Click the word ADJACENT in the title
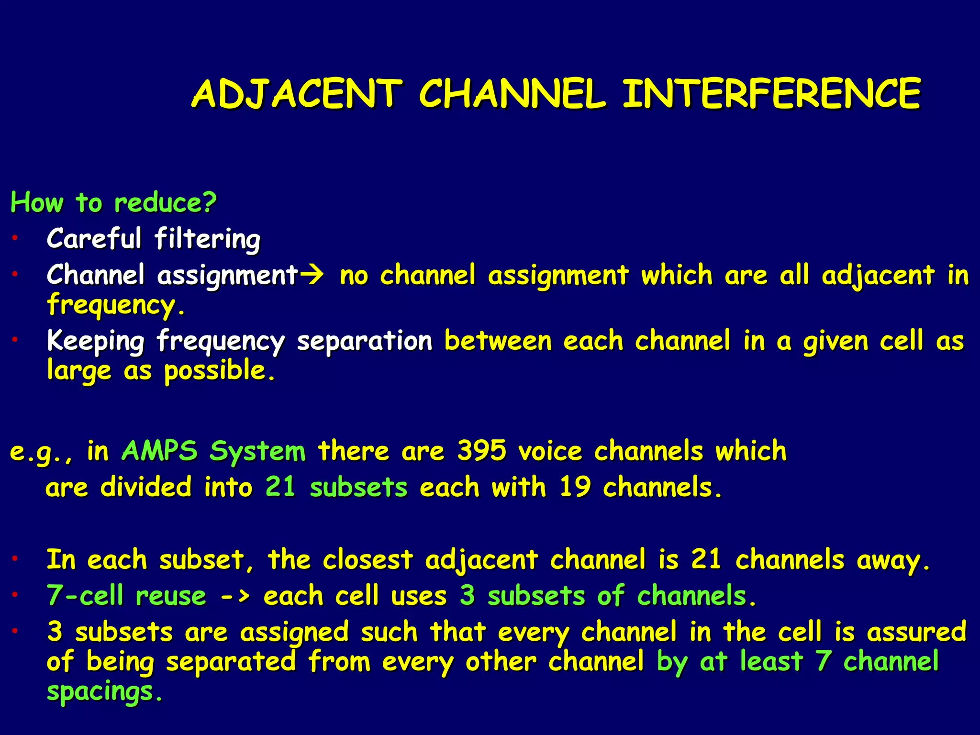[296, 94]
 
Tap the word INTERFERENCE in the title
[771, 94]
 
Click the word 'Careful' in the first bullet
[94, 238]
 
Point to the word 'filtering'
[207, 239]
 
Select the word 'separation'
[364, 342]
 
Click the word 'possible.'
[220, 371]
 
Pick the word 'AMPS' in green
[159, 451]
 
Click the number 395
[481, 451]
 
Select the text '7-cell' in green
[85, 596]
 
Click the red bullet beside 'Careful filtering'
[15, 237]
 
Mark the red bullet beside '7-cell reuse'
[15, 595]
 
